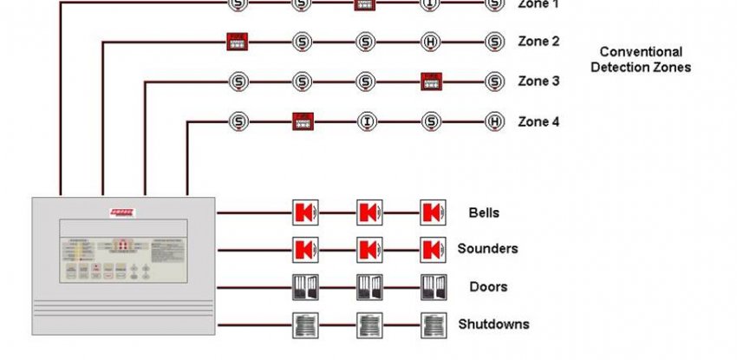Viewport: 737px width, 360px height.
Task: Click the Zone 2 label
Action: coord(538,41)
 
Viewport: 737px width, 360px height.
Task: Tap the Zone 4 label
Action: coord(538,121)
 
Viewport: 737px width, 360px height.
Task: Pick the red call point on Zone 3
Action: coord(432,82)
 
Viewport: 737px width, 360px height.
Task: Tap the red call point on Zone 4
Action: coord(303,121)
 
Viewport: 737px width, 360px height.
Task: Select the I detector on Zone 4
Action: coord(368,121)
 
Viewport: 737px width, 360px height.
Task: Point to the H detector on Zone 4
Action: coord(494,121)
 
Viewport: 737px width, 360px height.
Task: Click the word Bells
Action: coord(484,212)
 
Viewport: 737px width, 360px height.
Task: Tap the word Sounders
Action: coord(487,249)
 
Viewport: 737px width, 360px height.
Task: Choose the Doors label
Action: coord(488,287)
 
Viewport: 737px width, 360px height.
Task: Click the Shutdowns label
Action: coord(493,325)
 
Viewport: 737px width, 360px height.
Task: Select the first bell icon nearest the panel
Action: coord(304,212)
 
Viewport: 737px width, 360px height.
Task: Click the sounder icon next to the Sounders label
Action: coord(433,250)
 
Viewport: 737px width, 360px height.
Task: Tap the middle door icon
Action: coord(368,287)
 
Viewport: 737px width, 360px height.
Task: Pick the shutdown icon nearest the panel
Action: coord(304,325)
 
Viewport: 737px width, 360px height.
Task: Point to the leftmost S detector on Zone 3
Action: coord(238,82)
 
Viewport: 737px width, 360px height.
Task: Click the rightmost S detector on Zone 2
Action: coord(494,41)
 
